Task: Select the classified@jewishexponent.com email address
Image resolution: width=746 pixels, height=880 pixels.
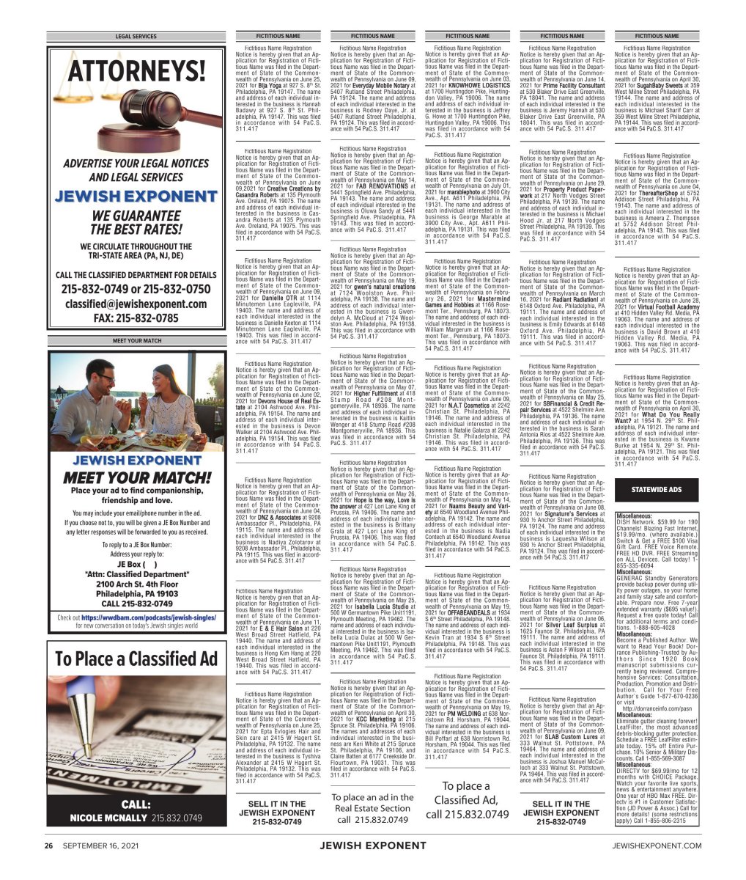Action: click(136, 303)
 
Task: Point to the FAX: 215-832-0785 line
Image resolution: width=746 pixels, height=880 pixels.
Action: click(136, 318)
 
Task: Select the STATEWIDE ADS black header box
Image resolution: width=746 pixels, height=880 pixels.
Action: click(661, 489)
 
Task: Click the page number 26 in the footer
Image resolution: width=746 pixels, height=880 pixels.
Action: click(48, 865)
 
